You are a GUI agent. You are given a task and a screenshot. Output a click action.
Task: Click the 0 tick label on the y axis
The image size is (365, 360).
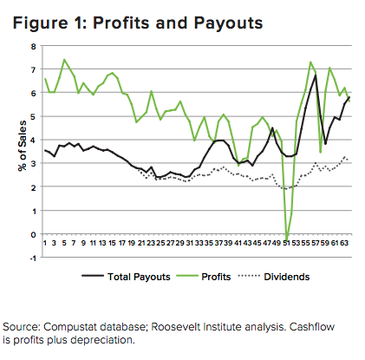tap(34, 234)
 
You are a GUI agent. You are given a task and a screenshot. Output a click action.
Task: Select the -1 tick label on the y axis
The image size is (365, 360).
tap(33, 258)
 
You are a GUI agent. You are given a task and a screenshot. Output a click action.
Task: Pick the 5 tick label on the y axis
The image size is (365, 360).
tap(34, 116)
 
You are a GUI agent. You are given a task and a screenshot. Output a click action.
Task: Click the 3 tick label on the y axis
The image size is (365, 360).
tap(34, 163)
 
